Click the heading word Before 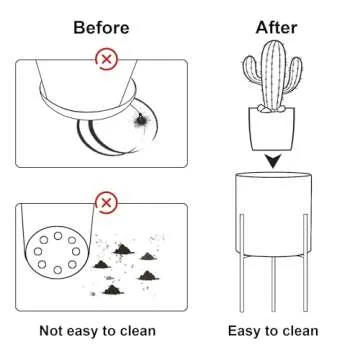(x=101, y=28)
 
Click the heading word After (x=276, y=28)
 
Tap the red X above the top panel (x=106, y=60)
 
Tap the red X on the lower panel (x=106, y=203)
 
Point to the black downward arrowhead (x=273, y=161)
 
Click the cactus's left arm (x=252, y=70)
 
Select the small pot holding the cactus (x=272, y=129)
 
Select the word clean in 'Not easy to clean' (x=137, y=331)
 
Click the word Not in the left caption (x=51, y=331)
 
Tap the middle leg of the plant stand (x=273, y=285)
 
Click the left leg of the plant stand (x=242, y=263)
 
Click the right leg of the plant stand (x=305, y=263)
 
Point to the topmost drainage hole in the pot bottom (x=58, y=236)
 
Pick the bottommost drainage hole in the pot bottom (x=58, y=270)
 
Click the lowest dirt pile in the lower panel (x=113, y=290)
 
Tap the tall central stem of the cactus (x=273, y=75)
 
